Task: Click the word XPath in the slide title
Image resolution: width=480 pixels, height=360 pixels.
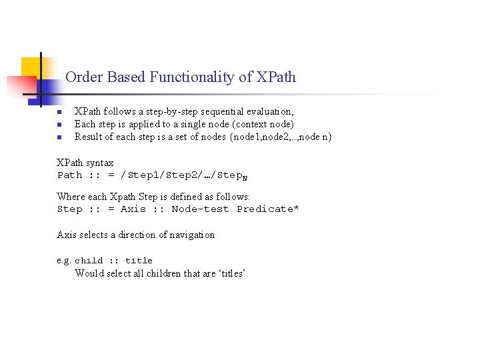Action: click(276, 77)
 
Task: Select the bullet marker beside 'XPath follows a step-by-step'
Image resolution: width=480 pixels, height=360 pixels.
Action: click(59, 112)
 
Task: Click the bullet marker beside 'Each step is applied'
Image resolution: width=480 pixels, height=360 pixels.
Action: click(59, 125)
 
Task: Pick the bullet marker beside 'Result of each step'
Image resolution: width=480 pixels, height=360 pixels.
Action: click(59, 137)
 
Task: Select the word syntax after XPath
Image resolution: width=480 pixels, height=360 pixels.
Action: click(100, 163)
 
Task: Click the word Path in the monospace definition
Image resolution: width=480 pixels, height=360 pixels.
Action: click(70, 175)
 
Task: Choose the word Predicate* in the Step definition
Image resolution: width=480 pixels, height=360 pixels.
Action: click(268, 209)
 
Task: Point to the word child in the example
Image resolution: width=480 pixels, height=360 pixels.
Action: click(89, 261)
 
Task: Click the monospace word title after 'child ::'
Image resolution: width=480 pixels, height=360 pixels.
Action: click(139, 261)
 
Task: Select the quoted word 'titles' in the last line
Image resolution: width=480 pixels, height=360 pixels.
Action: click(232, 273)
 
